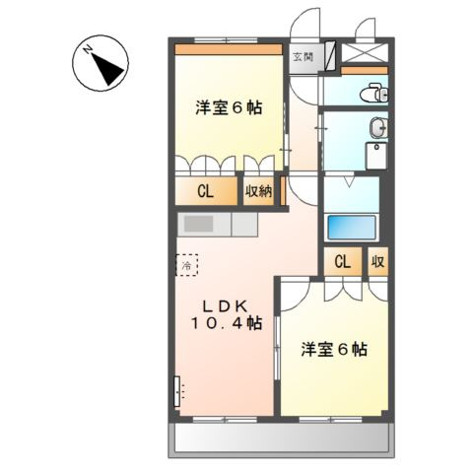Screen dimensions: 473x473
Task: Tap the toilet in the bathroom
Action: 374,93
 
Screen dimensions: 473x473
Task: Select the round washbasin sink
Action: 378,127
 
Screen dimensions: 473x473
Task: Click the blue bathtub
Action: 352,227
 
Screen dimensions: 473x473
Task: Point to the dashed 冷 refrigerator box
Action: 187,265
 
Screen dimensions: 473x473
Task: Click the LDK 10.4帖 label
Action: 227,315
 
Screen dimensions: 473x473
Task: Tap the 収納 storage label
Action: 259,191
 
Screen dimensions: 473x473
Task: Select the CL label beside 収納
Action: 206,191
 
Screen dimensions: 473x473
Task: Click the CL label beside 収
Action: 343,262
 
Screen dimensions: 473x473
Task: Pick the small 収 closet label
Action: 377,262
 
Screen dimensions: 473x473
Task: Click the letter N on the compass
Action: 88,50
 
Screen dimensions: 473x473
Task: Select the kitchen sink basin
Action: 198,224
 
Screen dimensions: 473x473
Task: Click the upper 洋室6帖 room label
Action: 229,107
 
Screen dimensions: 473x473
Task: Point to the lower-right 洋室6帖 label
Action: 334,349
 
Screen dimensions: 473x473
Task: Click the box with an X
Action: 365,51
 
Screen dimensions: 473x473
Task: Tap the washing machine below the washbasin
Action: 376,156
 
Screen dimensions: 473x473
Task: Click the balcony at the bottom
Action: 282,438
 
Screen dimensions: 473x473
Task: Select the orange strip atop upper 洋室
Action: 229,49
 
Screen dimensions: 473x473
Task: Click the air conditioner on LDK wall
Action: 176,391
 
